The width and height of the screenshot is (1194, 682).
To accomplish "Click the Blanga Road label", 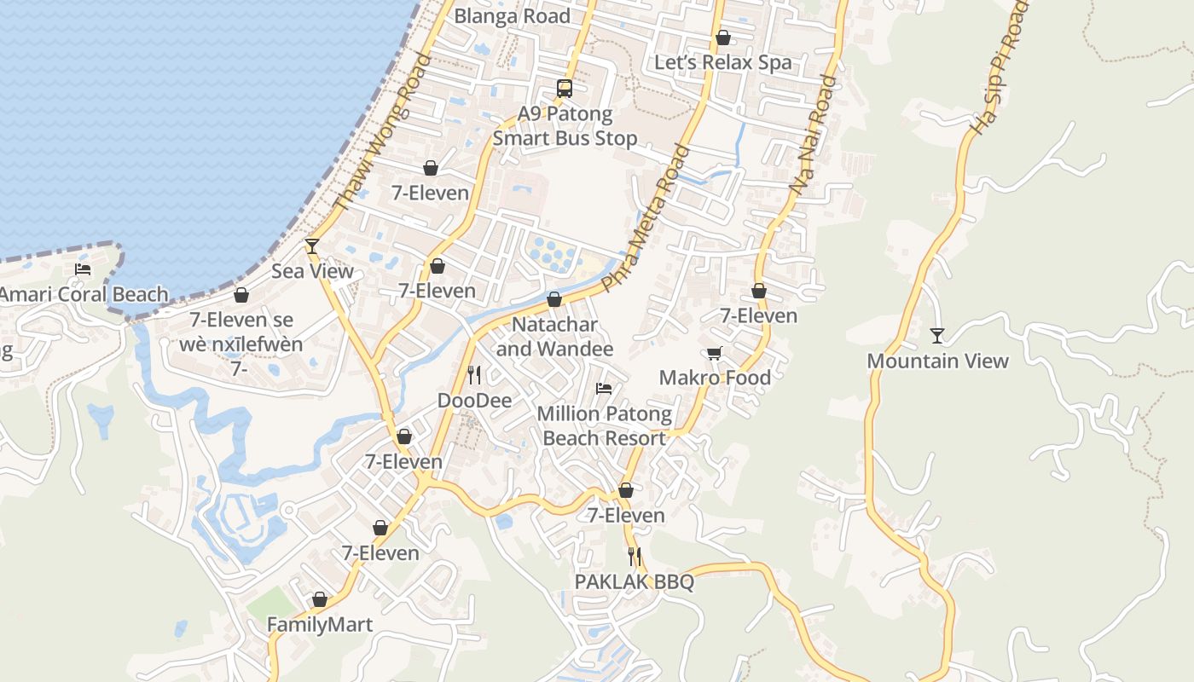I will click(x=512, y=16).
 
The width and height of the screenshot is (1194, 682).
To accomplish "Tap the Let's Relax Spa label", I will click(x=722, y=62).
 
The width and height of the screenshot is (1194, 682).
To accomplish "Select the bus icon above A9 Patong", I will click(x=564, y=88).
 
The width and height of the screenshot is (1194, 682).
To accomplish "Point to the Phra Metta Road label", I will click(x=646, y=218).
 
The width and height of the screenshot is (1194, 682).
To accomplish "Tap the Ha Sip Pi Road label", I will click(x=999, y=67).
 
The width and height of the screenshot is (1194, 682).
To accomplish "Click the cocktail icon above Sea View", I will click(x=312, y=246).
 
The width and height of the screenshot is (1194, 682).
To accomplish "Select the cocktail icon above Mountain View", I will click(x=937, y=336).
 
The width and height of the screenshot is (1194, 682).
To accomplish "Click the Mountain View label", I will click(x=937, y=361).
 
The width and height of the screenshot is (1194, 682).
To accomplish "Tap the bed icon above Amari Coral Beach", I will click(x=83, y=269).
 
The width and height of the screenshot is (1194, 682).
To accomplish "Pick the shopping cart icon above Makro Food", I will click(x=715, y=353).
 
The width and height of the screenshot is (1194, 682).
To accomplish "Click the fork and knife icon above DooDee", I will click(x=474, y=375).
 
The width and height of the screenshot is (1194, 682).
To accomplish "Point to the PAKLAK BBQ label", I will click(x=634, y=582).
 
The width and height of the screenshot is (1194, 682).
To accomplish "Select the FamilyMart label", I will click(x=320, y=625).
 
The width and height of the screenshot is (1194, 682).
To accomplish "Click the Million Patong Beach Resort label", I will click(x=604, y=426).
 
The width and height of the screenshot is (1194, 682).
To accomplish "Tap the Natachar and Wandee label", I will click(x=554, y=337).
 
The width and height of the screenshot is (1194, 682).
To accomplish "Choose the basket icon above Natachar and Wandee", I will click(x=554, y=299).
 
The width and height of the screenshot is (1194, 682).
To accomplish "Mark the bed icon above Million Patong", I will click(x=604, y=389).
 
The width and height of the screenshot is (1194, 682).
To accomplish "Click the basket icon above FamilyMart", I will click(x=320, y=600).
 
